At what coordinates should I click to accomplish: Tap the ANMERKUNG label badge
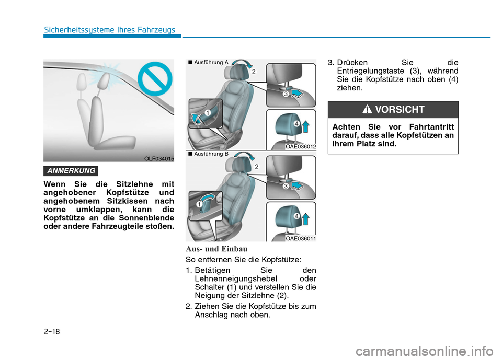pyautogui.click(x=71, y=171)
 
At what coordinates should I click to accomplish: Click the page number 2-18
pyautogui.click(x=52, y=331)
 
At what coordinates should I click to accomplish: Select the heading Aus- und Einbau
pyautogui.click(x=216, y=249)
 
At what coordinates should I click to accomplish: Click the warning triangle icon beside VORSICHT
pyautogui.click(x=367, y=109)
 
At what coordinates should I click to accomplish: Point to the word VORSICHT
pyautogui.click(x=400, y=109)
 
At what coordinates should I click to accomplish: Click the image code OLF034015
pyautogui.click(x=159, y=159)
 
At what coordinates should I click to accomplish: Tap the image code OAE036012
pyautogui.click(x=301, y=147)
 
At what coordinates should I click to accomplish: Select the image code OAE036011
pyautogui.click(x=301, y=239)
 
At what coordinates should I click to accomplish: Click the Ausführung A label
pyautogui.click(x=209, y=63)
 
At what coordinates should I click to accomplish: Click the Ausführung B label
pyautogui.click(x=209, y=154)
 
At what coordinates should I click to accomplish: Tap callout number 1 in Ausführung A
pyautogui.click(x=208, y=113)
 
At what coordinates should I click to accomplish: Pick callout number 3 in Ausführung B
pyautogui.click(x=286, y=186)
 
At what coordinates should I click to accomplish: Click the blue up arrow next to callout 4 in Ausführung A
pyautogui.click(x=306, y=126)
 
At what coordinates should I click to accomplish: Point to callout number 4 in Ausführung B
pyautogui.click(x=297, y=216)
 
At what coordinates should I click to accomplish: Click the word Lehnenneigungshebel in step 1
pyautogui.click(x=236, y=278)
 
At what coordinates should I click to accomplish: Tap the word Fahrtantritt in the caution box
pyautogui.click(x=431, y=127)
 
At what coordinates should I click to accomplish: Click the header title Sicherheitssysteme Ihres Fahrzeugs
pyautogui.click(x=109, y=30)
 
